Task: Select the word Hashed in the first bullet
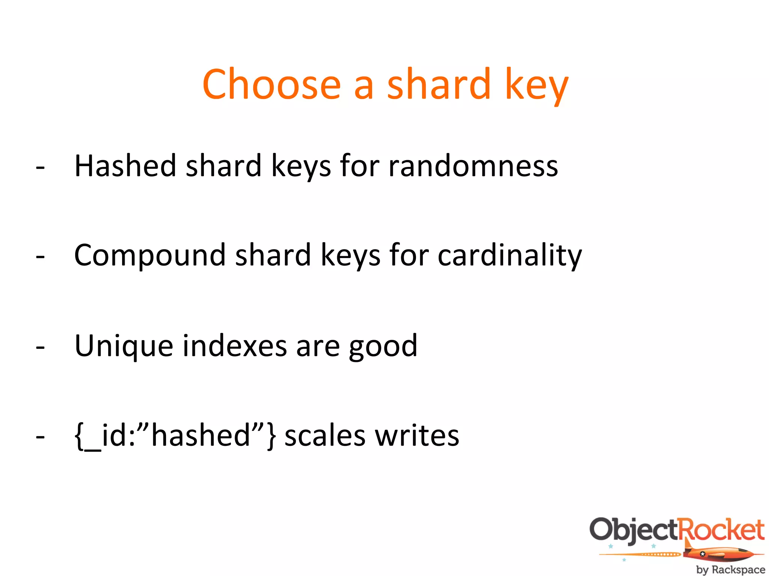point(125,166)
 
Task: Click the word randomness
point(473,166)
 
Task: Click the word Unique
point(124,346)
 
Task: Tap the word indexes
point(235,345)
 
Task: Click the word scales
point(325,436)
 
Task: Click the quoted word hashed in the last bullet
point(201,436)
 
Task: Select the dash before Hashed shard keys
point(40,168)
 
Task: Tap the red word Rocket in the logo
point(721,529)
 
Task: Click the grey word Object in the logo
point(634,530)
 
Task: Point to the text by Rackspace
point(730,569)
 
